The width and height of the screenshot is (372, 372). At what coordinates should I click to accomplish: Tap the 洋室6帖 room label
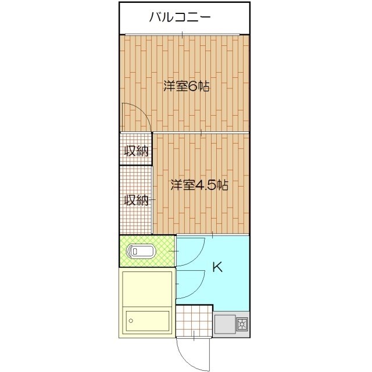[x=186, y=87]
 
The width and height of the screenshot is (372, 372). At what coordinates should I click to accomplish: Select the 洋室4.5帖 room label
[x=199, y=185]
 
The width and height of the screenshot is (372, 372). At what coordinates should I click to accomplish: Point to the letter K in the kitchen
[x=217, y=267]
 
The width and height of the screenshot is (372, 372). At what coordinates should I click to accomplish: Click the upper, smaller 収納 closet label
[x=137, y=151]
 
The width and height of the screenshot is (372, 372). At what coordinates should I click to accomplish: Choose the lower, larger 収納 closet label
[x=137, y=200]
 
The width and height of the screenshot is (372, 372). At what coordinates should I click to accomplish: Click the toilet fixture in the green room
[x=142, y=251]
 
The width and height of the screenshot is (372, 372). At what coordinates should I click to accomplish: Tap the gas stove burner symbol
[x=241, y=324]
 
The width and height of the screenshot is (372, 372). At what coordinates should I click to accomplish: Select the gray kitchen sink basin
[x=224, y=324]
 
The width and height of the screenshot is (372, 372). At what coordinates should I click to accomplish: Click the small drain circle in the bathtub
[x=131, y=320]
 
